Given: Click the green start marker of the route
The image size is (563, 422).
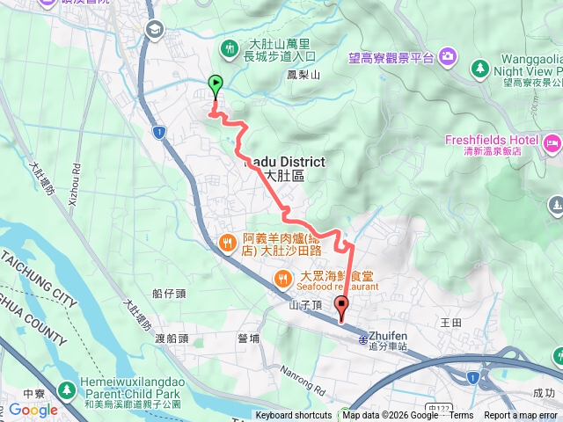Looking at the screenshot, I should tap(216, 84).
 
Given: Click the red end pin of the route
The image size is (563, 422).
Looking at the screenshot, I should tap(341, 308).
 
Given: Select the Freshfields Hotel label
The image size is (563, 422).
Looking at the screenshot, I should tap(491, 140).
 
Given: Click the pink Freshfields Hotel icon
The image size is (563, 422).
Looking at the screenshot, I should tap(552, 142).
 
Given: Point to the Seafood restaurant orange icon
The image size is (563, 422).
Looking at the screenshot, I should tap(281, 279).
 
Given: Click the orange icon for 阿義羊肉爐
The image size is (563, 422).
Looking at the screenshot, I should tap(227, 241).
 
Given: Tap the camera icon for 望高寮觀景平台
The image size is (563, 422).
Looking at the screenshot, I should tap(448, 57).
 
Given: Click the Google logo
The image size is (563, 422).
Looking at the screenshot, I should tap(33, 410).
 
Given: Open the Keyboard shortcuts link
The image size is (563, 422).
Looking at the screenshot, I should tap(294, 416).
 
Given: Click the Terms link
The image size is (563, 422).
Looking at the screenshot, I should tap(461, 416).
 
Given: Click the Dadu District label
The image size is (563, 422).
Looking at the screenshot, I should tap(284, 163).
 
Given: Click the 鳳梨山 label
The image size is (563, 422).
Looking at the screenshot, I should tap(303, 76).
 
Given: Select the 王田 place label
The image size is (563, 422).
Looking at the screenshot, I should tap(450, 324).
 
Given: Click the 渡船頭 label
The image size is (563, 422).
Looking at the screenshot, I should tap(172, 338).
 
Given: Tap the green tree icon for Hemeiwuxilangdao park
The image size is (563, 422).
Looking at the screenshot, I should tap(66, 389).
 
